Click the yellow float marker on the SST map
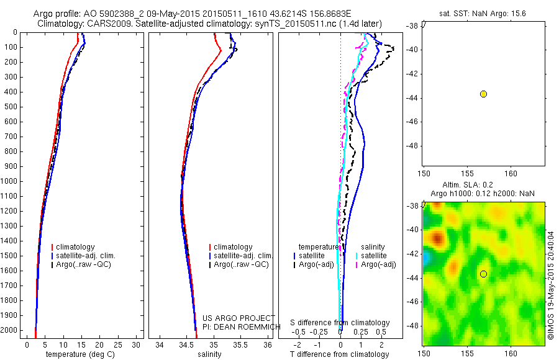click(x=483, y=94)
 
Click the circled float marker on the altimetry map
click(x=483, y=274)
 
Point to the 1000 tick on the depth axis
click(x=10, y=181)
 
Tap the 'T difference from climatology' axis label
click(x=339, y=354)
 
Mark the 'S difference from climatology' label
click(x=340, y=323)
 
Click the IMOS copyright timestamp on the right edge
click(x=551, y=283)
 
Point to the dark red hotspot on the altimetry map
click(x=438, y=238)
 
